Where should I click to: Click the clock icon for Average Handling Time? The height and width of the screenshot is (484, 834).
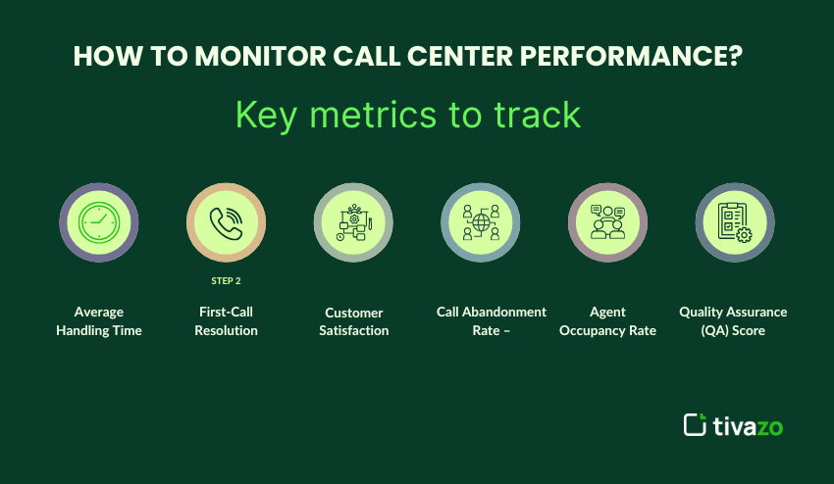(98, 222)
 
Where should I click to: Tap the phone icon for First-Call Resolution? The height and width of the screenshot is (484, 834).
(226, 222)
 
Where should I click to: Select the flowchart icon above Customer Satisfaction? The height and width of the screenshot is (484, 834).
(353, 222)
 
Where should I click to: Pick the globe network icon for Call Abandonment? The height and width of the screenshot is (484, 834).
(481, 222)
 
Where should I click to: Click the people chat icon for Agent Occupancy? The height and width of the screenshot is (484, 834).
(607, 222)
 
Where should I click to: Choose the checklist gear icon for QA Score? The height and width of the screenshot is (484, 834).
(734, 222)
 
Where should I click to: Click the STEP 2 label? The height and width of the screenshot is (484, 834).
(226, 280)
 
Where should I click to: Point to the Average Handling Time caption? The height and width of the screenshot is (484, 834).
(99, 321)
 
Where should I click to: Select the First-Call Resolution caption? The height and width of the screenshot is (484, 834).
(226, 321)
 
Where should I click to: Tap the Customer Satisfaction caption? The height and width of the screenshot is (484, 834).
(353, 321)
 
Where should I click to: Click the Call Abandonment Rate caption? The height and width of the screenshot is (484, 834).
(492, 321)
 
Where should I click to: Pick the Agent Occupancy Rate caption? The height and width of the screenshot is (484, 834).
(607, 321)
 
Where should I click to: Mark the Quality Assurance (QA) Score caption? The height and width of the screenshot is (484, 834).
(733, 321)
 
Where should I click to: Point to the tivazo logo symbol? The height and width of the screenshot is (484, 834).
(695, 425)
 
